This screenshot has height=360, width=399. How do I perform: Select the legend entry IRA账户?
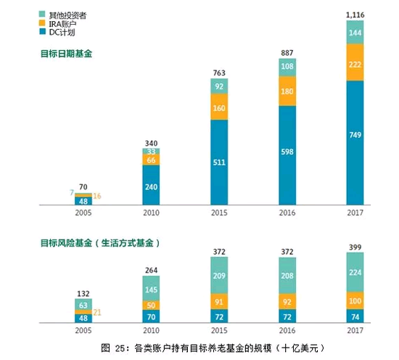(65, 23)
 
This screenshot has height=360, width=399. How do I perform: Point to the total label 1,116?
(354, 14)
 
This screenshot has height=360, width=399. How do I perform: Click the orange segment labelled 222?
(354, 62)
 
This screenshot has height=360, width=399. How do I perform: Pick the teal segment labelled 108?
(287, 67)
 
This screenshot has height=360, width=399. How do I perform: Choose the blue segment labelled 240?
(152, 186)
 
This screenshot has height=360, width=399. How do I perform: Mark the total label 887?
(287, 52)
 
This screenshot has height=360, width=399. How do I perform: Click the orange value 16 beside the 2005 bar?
(98, 196)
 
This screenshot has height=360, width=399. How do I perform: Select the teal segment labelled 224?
(354, 273)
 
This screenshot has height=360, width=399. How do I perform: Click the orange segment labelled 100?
(354, 301)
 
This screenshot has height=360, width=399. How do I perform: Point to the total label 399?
(354, 247)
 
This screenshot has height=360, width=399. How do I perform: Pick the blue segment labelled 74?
(354, 316)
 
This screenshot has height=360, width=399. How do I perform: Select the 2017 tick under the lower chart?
(354, 331)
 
